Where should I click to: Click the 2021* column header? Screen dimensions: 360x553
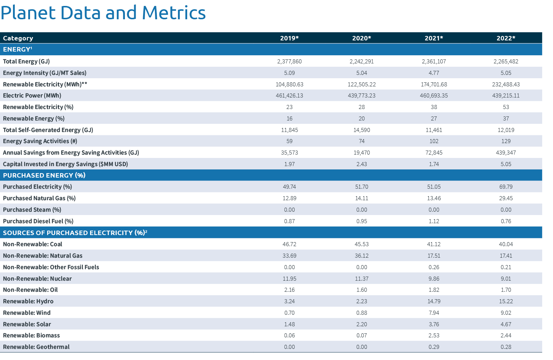click(x=434, y=38)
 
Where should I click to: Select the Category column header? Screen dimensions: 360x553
click(x=18, y=38)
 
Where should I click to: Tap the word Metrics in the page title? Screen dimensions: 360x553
click(x=173, y=13)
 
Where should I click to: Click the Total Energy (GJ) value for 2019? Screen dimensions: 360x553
click(x=289, y=62)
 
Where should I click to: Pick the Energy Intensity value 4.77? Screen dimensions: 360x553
click(x=434, y=73)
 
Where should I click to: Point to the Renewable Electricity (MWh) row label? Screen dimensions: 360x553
click(x=45, y=85)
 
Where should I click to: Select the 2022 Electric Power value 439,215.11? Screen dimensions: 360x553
click(x=506, y=96)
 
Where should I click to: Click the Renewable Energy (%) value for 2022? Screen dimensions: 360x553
click(x=506, y=119)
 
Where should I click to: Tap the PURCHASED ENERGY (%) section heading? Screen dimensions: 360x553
click(x=44, y=175)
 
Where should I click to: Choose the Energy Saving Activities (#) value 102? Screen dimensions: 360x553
click(x=434, y=141)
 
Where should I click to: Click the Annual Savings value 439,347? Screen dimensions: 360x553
click(x=506, y=153)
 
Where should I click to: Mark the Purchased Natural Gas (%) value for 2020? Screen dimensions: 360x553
click(x=361, y=198)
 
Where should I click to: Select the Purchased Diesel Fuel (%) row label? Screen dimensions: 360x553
click(x=38, y=221)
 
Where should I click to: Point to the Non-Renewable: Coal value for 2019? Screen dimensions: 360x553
click(x=289, y=244)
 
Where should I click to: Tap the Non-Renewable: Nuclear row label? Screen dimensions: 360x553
click(x=37, y=279)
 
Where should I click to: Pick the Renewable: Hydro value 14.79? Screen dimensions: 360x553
click(x=434, y=301)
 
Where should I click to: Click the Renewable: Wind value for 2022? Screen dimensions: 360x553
click(x=506, y=313)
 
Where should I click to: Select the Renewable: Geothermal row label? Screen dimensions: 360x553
click(x=36, y=347)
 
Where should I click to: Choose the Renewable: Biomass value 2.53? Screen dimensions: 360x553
click(x=434, y=336)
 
